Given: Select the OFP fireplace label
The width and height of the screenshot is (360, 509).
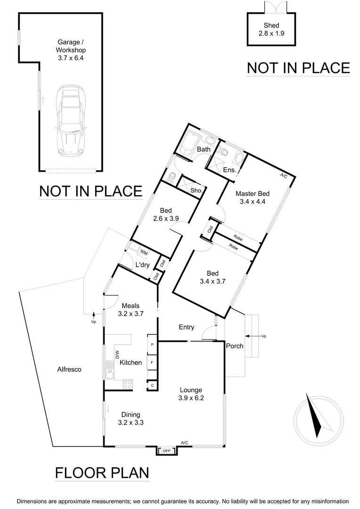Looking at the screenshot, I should click(x=167, y=451).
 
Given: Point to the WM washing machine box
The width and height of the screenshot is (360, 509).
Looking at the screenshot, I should click(x=144, y=253).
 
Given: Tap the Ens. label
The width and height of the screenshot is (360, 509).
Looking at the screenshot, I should click(x=229, y=170).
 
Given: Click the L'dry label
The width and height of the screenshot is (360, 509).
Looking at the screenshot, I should click(x=142, y=265).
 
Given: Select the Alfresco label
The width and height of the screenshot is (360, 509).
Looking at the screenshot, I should click(x=69, y=369).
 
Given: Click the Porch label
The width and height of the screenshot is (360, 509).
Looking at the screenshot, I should click(x=235, y=346).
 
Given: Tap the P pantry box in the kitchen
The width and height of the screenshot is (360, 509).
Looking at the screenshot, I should click(x=152, y=345).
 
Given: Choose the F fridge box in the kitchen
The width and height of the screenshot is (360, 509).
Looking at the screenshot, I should click(x=152, y=362).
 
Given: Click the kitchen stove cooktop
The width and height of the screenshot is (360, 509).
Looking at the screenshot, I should click(x=127, y=384).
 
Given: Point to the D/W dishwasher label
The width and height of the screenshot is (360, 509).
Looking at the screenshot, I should click(x=116, y=354).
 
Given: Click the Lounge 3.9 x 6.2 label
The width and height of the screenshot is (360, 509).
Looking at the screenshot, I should click(x=190, y=394).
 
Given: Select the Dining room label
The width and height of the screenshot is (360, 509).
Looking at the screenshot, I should click(x=131, y=419).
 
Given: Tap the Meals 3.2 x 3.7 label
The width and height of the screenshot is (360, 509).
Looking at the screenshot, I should click(x=131, y=309).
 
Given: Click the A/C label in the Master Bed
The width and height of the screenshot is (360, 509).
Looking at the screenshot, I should click(x=284, y=176).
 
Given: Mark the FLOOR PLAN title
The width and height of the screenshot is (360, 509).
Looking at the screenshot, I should click(x=102, y=472).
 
